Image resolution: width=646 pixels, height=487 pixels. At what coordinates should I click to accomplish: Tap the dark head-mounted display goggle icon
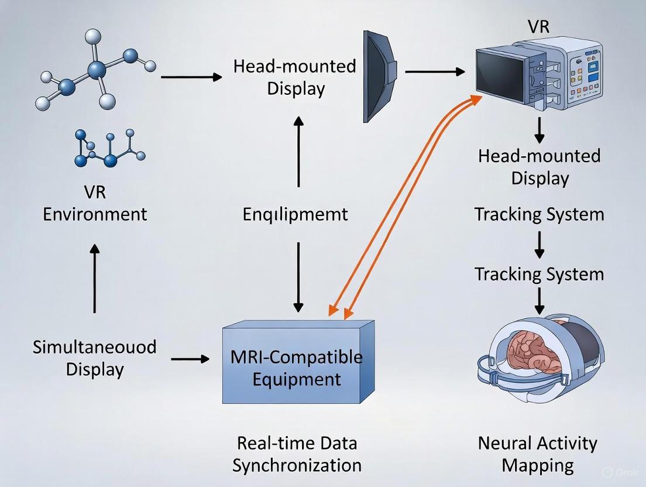(x=380, y=76)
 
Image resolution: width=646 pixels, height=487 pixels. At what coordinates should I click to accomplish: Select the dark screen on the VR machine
(x=500, y=76)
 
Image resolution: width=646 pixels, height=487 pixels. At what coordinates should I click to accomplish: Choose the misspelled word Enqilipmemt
(x=295, y=214)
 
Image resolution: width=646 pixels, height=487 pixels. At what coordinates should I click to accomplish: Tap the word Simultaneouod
(x=95, y=347)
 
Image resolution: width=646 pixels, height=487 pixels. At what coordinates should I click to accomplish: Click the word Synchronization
(x=297, y=465)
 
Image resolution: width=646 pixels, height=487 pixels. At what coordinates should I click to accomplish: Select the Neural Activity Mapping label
(x=538, y=454)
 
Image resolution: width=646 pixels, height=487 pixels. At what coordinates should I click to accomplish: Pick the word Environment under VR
(x=95, y=214)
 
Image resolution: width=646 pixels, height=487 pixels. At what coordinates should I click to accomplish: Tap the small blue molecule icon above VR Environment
(x=109, y=150)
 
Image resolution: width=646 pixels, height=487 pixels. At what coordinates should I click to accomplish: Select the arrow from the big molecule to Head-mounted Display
(x=191, y=77)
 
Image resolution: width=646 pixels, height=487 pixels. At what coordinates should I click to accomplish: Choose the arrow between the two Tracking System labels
(x=540, y=245)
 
